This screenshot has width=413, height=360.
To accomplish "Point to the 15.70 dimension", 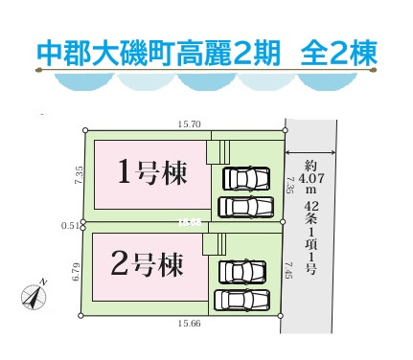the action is coord(188,124).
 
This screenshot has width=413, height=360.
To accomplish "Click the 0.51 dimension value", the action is coord(68,226).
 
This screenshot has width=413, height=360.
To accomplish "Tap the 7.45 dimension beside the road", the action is coord(289,276).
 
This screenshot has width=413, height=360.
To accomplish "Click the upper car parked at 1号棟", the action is coord(246,179).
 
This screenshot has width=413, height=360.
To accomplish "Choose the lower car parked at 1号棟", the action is coord(246,206).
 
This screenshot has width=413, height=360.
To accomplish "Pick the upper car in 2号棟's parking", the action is coord(243,272).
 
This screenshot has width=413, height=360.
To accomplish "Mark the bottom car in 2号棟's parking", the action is coord(243,299).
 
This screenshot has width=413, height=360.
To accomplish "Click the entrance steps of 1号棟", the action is coord(220,151).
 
